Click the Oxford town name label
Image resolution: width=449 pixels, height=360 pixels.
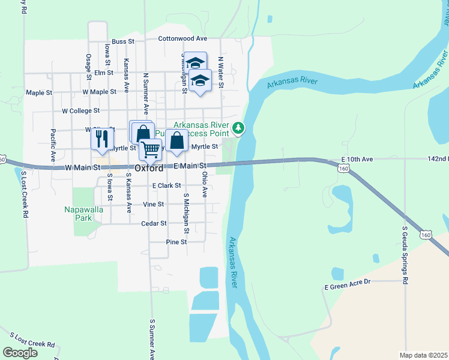point(149,168)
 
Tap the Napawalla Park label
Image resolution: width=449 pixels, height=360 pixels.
point(84,214)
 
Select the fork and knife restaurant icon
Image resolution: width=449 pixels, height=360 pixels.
point(101,139)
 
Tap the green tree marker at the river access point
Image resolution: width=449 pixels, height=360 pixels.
point(239,127)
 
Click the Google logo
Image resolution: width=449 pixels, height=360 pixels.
point(20,353)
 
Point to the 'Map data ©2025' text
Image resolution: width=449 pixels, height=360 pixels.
point(423,355)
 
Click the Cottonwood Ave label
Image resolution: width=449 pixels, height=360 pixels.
point(182,38)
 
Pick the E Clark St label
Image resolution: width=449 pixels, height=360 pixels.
point(167,186)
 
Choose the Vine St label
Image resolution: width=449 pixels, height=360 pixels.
point(154,205)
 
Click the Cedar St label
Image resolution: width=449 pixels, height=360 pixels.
point(154,223)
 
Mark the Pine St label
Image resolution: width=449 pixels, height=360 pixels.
point(176,242)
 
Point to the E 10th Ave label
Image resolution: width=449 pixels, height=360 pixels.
point(357,159)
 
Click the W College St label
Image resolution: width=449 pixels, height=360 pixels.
point(80,111)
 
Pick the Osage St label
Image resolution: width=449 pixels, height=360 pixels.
point(88,65)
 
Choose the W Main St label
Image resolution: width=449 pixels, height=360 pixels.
point(82,167)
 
